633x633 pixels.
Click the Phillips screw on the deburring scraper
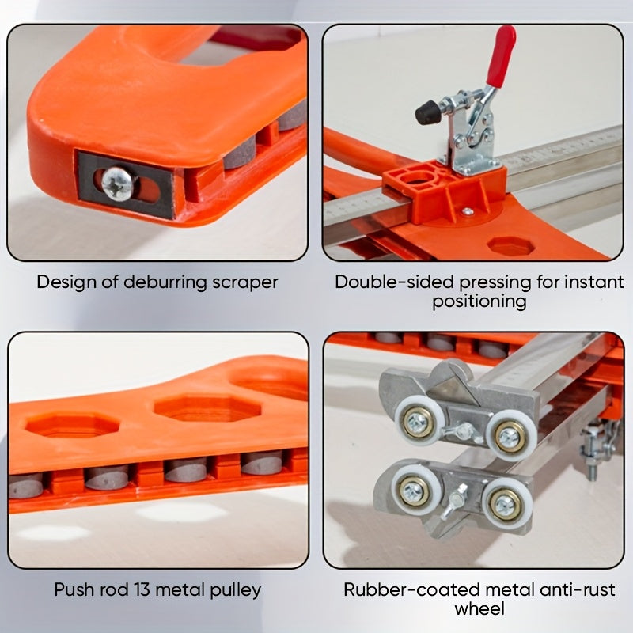coord(117,184)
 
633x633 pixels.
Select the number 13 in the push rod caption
coord(142,589)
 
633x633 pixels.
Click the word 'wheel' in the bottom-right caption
coord(479,608)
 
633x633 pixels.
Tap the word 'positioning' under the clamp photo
coord(479,301)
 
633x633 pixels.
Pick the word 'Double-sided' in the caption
coord(394,282)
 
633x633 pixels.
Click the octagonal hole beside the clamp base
coord(511,245)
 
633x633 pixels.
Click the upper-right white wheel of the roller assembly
coord(510,437)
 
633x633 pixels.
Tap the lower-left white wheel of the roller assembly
coord(415,490)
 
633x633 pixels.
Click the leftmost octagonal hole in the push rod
coord(73,425)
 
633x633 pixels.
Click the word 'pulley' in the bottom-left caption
coord(236,590)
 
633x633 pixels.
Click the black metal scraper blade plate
coord(126,185)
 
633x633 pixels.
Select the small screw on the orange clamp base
coord(467,210)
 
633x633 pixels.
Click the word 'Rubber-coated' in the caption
coord(407,589)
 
